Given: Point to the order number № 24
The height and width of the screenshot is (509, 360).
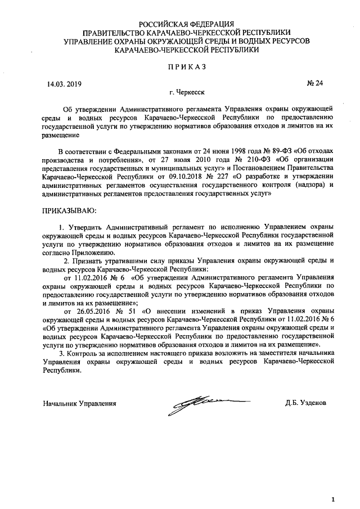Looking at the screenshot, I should [x=315, y=84].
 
